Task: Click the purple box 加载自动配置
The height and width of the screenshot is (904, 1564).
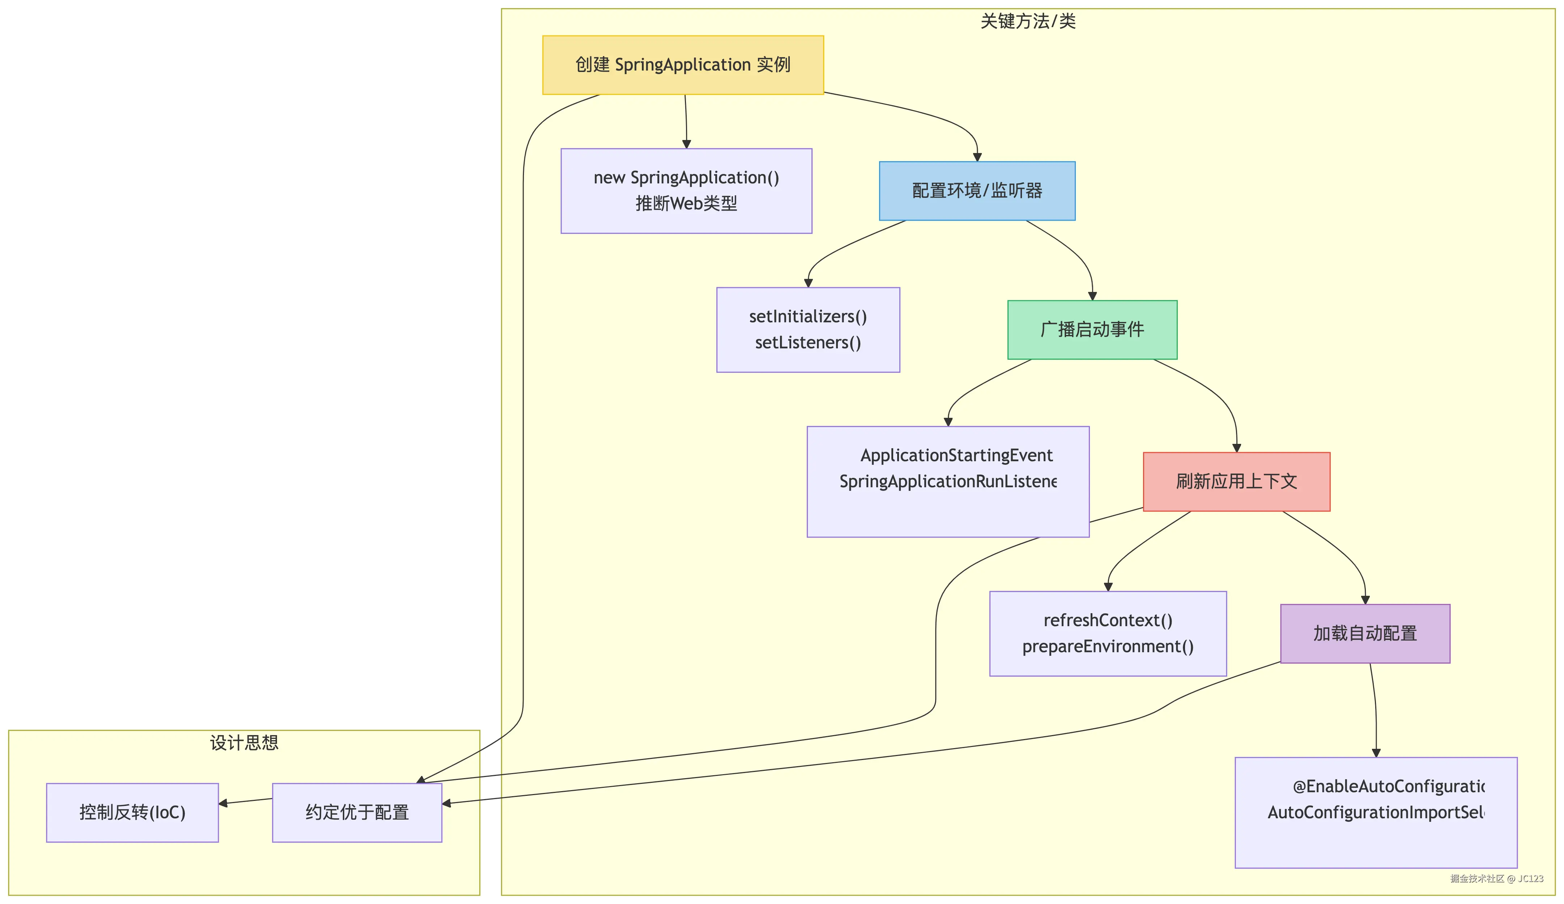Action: [x=1365, y=633]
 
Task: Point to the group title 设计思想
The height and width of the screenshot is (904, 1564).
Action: [x=244, y=743]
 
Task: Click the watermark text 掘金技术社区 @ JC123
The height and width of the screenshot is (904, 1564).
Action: [x=1496, y=879]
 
